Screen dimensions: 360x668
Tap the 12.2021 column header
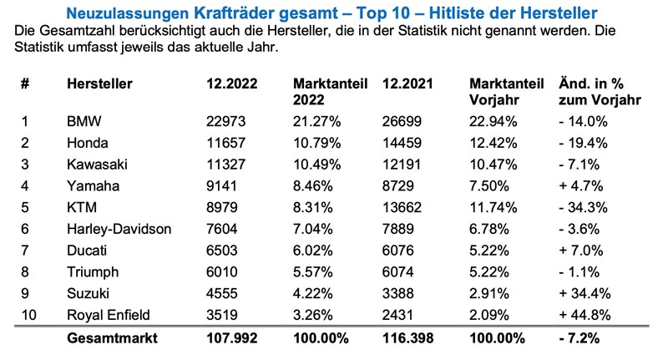(407, 84)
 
